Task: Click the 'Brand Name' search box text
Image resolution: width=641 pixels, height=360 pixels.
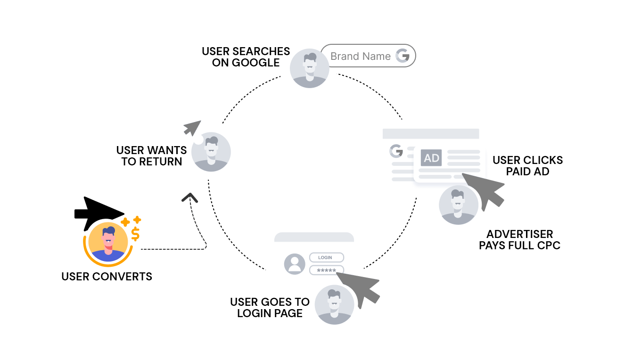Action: tap(360, 57)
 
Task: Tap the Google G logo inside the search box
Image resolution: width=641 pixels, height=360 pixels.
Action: tap(403, 56)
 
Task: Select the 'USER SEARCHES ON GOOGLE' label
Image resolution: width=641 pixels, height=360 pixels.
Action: tap(246, 57)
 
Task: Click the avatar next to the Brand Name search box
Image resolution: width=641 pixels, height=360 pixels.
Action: tap(309, 68)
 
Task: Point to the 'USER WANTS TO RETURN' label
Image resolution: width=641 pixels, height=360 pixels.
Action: tap(152, 156)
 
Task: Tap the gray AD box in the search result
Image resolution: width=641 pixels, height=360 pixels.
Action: tap(432, 158)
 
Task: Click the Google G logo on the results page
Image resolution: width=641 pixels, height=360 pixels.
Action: tap(396, 151)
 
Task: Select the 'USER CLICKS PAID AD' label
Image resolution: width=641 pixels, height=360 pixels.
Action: tap(527, 166)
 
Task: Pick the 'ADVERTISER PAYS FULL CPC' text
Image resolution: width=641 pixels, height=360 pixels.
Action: tap(519, 240)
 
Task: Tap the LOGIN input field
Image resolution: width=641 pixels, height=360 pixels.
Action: tap(326, 258)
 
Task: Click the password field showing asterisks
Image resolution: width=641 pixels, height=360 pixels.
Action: tap(326, 270)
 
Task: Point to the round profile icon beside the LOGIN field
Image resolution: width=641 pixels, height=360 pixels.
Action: tap(295, 264)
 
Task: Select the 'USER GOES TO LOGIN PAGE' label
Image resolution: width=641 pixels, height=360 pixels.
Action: tap(270, 308)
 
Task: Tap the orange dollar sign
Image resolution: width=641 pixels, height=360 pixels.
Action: tap(136, 234)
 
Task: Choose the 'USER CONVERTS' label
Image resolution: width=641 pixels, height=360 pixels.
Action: tap(107, 277)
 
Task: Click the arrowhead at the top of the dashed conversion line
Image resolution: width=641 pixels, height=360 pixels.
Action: tap(190, 197)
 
